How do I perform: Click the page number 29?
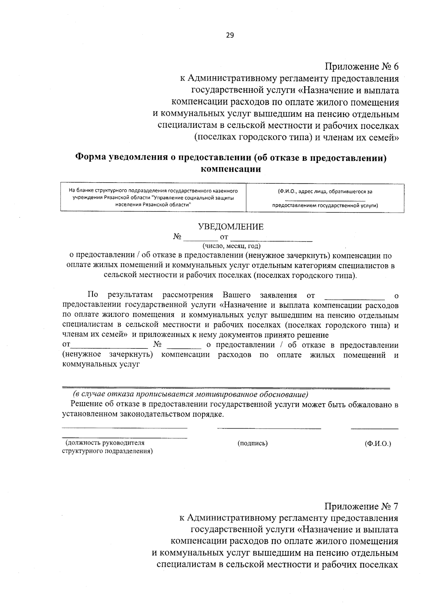coord(230,35)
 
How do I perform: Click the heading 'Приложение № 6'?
coord(362,67)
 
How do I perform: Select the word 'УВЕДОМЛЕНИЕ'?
coord(231,227)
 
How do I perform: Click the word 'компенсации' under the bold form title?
coord(231,169)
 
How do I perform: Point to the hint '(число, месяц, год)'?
coord(231,246)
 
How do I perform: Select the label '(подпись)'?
coord(253,443)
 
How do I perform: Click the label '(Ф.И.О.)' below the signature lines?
coord(378,443)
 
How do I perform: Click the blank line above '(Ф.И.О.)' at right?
coord(374,428)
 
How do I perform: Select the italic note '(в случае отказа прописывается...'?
coord(190,395)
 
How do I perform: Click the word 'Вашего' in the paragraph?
coord(236,295)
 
